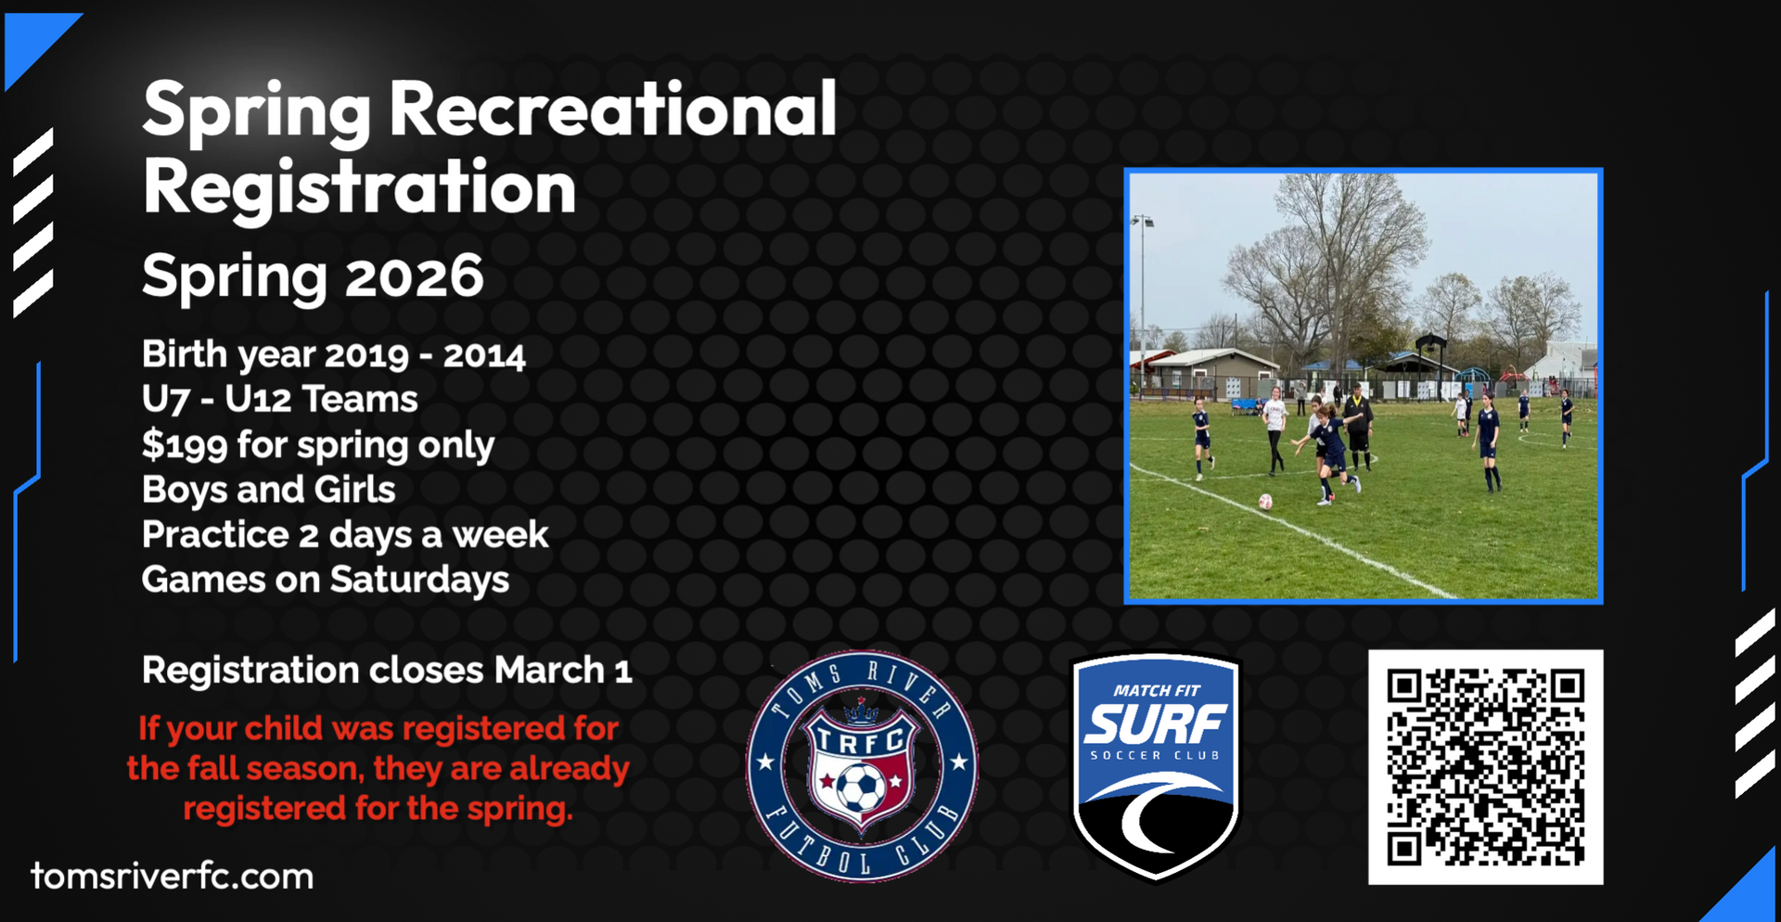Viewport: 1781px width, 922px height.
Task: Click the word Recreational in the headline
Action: tap(613, 109)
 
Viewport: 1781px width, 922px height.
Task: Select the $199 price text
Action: tap(185, 445)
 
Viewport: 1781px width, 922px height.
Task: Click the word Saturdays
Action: tap(419, 580)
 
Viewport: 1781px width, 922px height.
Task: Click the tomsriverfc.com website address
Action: tap(173, 877)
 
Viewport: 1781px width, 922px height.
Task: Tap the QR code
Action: tap(1485, 767)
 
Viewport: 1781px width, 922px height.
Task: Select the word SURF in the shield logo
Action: tap(1156, 724)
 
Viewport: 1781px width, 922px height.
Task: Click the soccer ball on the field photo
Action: tap(1265, 502)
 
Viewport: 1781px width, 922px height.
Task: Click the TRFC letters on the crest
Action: tap(860, 740)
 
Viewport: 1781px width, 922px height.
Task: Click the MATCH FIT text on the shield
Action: tap(1157, 690)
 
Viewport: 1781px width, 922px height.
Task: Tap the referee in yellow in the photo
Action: tap(1359, 426)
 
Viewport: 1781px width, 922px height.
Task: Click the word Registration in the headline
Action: tap(360, 188)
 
